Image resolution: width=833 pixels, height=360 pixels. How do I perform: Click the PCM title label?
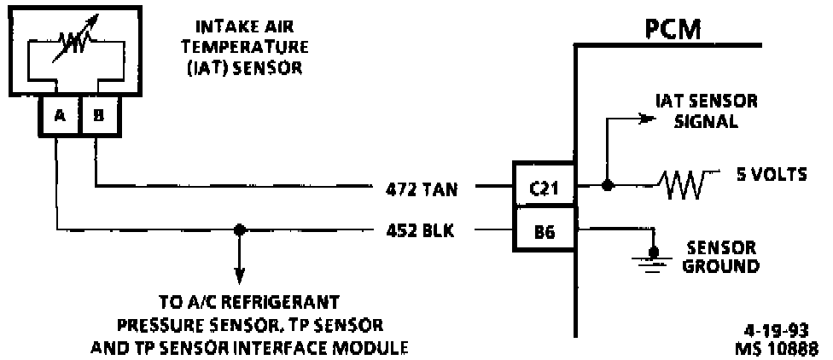pyautogui.click(x=673, y=30)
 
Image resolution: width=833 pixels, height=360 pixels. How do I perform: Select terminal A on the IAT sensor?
pyautogui.click(x=59, y=117)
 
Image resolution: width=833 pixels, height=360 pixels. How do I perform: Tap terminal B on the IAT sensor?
pyautogui.click(x=98, y=117)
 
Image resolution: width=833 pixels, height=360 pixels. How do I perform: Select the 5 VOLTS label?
pyautogui.click(x=771, y=177)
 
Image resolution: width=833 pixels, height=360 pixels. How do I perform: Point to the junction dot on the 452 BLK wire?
pyautogui.click(x=240, y=229)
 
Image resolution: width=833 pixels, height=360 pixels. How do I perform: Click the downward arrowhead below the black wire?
pyautogui.click(x=240, y=276)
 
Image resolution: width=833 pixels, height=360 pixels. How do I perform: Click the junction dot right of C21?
pyautogui.click(x=606, y=185)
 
